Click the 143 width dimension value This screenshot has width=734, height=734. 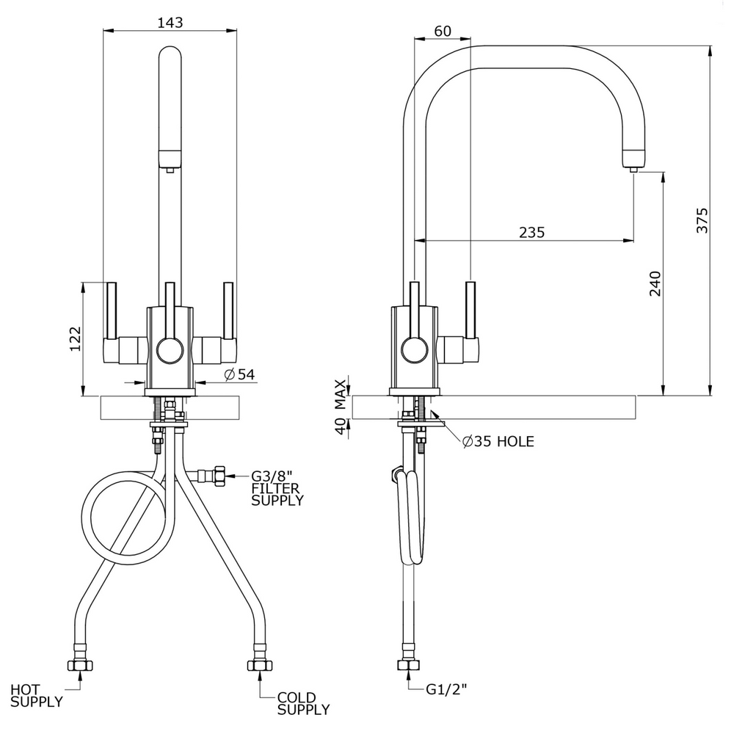pyautogui.click(x=170, y=22)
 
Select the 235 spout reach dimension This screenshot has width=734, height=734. pyautogui.click(x=531, y=232)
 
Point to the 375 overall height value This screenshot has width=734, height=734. pyautogui.click(x=702, y=220)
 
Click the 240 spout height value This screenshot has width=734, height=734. pyautogui.click(x=655, y=284)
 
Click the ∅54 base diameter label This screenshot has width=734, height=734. pyautogui.click(x=239, y=375)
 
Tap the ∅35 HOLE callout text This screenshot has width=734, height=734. pyautogui.click(x=498, y=441)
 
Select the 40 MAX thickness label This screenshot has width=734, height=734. pyautogui.click(x=341, y=407)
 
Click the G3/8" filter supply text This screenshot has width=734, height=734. pyautogui.click(x=277, y=488)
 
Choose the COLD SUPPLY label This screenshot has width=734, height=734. pyautogui.click(x=303, y=703)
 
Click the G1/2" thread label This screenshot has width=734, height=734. pyautogui.click(x=447, y=689)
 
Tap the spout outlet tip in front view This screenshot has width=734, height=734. pyautogui.click(x=170, y=169)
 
